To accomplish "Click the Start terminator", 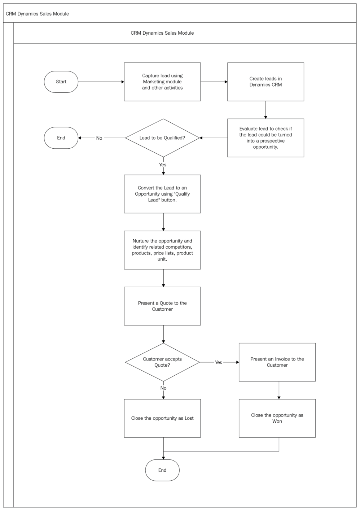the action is (x=61, y=82).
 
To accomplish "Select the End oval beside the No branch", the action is (x=61, y=138).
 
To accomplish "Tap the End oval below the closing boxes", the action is (x=162, y=470).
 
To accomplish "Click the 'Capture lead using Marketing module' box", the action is (x=162, y=82).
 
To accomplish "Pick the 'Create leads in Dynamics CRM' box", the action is (x=265, y=82).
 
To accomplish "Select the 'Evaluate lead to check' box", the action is (x=265, y=138).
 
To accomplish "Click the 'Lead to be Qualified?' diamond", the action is (x=162, y=138).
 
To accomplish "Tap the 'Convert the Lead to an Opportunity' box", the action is (x=162, y=194).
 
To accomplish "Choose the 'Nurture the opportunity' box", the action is (x=162, y=250).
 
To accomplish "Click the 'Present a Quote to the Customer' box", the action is (x=162, y=306).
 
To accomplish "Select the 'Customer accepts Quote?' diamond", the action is (x=162, y=362).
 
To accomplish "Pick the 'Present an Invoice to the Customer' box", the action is (x=277, y=362).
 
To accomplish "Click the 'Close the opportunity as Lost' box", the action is (x=162, y=418).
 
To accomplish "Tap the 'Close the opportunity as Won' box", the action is (x=277, y=418).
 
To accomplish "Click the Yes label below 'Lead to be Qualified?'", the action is (x=163, y=165).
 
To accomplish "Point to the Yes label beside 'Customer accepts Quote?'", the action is (x=218, y=362).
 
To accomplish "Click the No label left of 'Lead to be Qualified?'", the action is (x=99, y=138).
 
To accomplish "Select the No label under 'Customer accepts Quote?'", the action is (x=163, y=388).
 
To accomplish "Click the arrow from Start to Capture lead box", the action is (x=101, y=82).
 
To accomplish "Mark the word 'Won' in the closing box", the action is (x=277, y=422).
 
